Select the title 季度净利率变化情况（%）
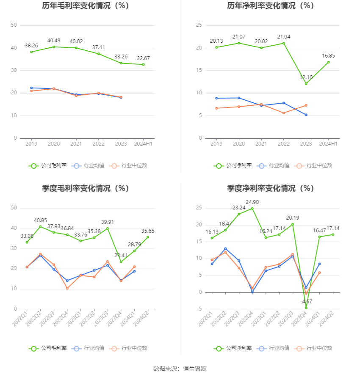[x=270, y=188]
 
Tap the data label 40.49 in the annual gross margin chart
[x=54, y=41]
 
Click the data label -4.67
[x=306, y=302]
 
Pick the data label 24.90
[x=252, y=202]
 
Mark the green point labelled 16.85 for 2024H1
[x=328, y=62]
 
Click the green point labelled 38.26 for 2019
[x=31, y=52]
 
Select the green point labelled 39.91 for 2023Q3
[x=108, y=228]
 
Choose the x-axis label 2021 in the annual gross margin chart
[x=76, y=144]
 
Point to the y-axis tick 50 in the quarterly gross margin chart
[x=14, y=208]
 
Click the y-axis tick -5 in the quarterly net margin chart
[x=199, y=309]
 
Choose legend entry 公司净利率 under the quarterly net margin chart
[x=233, y=348]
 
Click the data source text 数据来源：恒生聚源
[x=180, y=369]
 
